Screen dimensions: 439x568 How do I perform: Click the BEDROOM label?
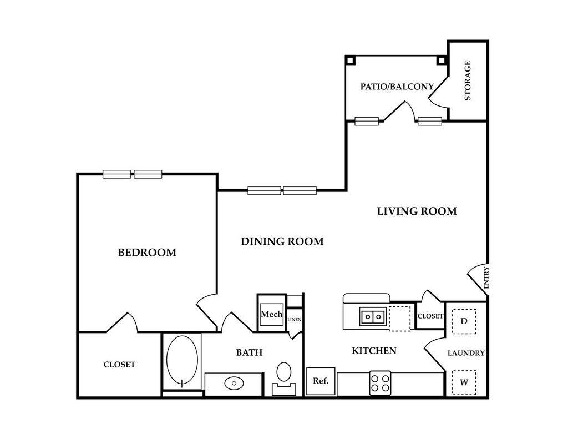[147, 253]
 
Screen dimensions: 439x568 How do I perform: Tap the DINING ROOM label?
[282, 241]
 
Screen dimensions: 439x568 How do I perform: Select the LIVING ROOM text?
[417, 211]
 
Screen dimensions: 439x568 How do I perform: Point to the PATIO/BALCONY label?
[397, 87]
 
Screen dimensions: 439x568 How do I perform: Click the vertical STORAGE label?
[468, 80]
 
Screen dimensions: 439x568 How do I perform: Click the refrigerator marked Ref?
[321, 381]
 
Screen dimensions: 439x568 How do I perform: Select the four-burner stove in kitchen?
[380, 383]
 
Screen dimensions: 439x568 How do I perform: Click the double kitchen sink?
[373, 317]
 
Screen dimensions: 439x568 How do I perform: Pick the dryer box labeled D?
[464, 321]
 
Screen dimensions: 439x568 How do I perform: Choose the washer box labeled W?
[464, 382]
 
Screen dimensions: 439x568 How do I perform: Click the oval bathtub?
[182, 360]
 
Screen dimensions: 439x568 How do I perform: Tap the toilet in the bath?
[284, 376]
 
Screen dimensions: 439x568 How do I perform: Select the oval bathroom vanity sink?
[234, 383]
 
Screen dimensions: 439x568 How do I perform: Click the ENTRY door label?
[486, 277]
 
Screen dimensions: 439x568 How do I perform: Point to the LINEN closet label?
[295, 319]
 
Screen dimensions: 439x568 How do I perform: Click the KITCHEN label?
[374, 351]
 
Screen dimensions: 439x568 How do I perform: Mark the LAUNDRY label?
[466, 353]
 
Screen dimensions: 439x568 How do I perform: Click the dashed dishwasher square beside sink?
[399, 318]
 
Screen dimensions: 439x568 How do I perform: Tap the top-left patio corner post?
[349, 59]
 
